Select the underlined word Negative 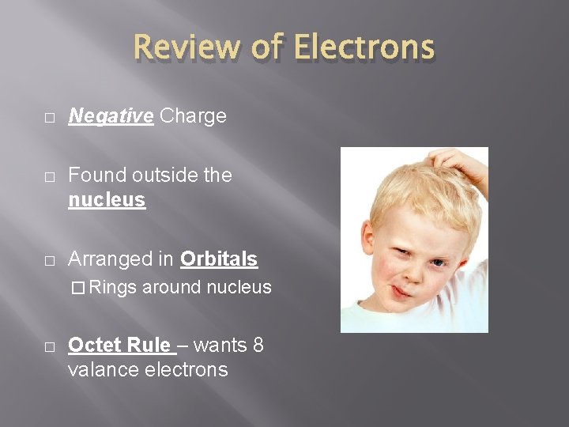point(111,116)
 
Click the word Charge point(193,116)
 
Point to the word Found point(100,175)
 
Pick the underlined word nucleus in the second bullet point(107,200)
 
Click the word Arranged point(122,259)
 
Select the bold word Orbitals point(219,259)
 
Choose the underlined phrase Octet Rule point(119,345)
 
